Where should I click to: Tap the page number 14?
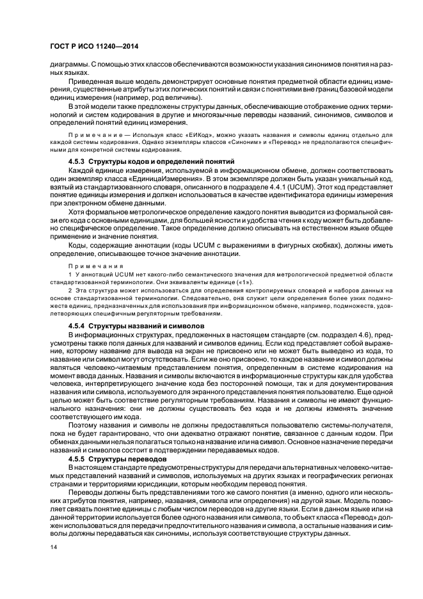(x=53, y=546)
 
